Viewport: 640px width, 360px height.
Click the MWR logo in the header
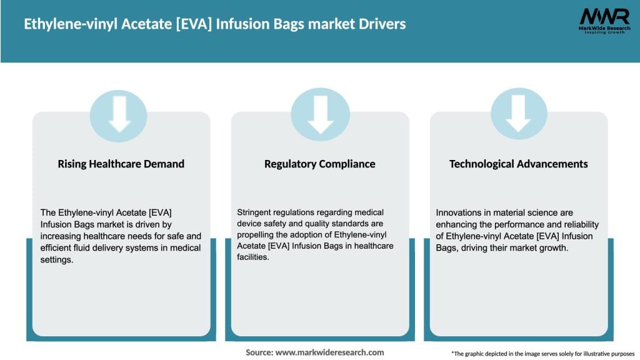point(604,21)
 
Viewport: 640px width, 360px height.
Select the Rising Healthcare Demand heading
point(121,164)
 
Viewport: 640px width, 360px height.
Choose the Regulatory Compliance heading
point(319,164)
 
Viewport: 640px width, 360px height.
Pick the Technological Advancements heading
point(518,164)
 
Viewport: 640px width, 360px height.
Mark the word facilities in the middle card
point(252,257)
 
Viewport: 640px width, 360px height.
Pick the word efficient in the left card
point(57,248)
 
